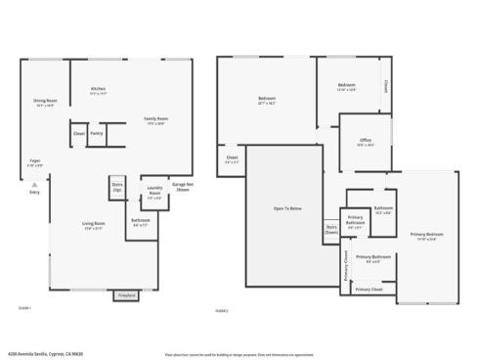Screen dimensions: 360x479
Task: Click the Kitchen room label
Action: [98, 90]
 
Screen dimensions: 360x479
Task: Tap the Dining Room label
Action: [45, 102]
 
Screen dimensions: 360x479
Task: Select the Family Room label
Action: [155, 120]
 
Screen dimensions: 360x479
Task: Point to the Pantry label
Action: [97, 133]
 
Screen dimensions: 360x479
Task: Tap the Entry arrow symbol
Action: [34, 183]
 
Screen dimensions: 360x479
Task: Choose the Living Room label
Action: [94, 226]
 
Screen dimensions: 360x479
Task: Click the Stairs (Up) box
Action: [117, 187]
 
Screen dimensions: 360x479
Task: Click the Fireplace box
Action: [125, 294]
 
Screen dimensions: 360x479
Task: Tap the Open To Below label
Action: [286, 208]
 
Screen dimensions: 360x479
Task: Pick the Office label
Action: [365, 142]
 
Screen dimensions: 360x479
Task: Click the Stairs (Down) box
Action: [330, 231]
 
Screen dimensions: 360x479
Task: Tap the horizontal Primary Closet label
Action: [370, 290]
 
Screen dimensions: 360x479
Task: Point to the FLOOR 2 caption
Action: [222, 310]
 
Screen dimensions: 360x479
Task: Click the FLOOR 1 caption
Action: [25, 307]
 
